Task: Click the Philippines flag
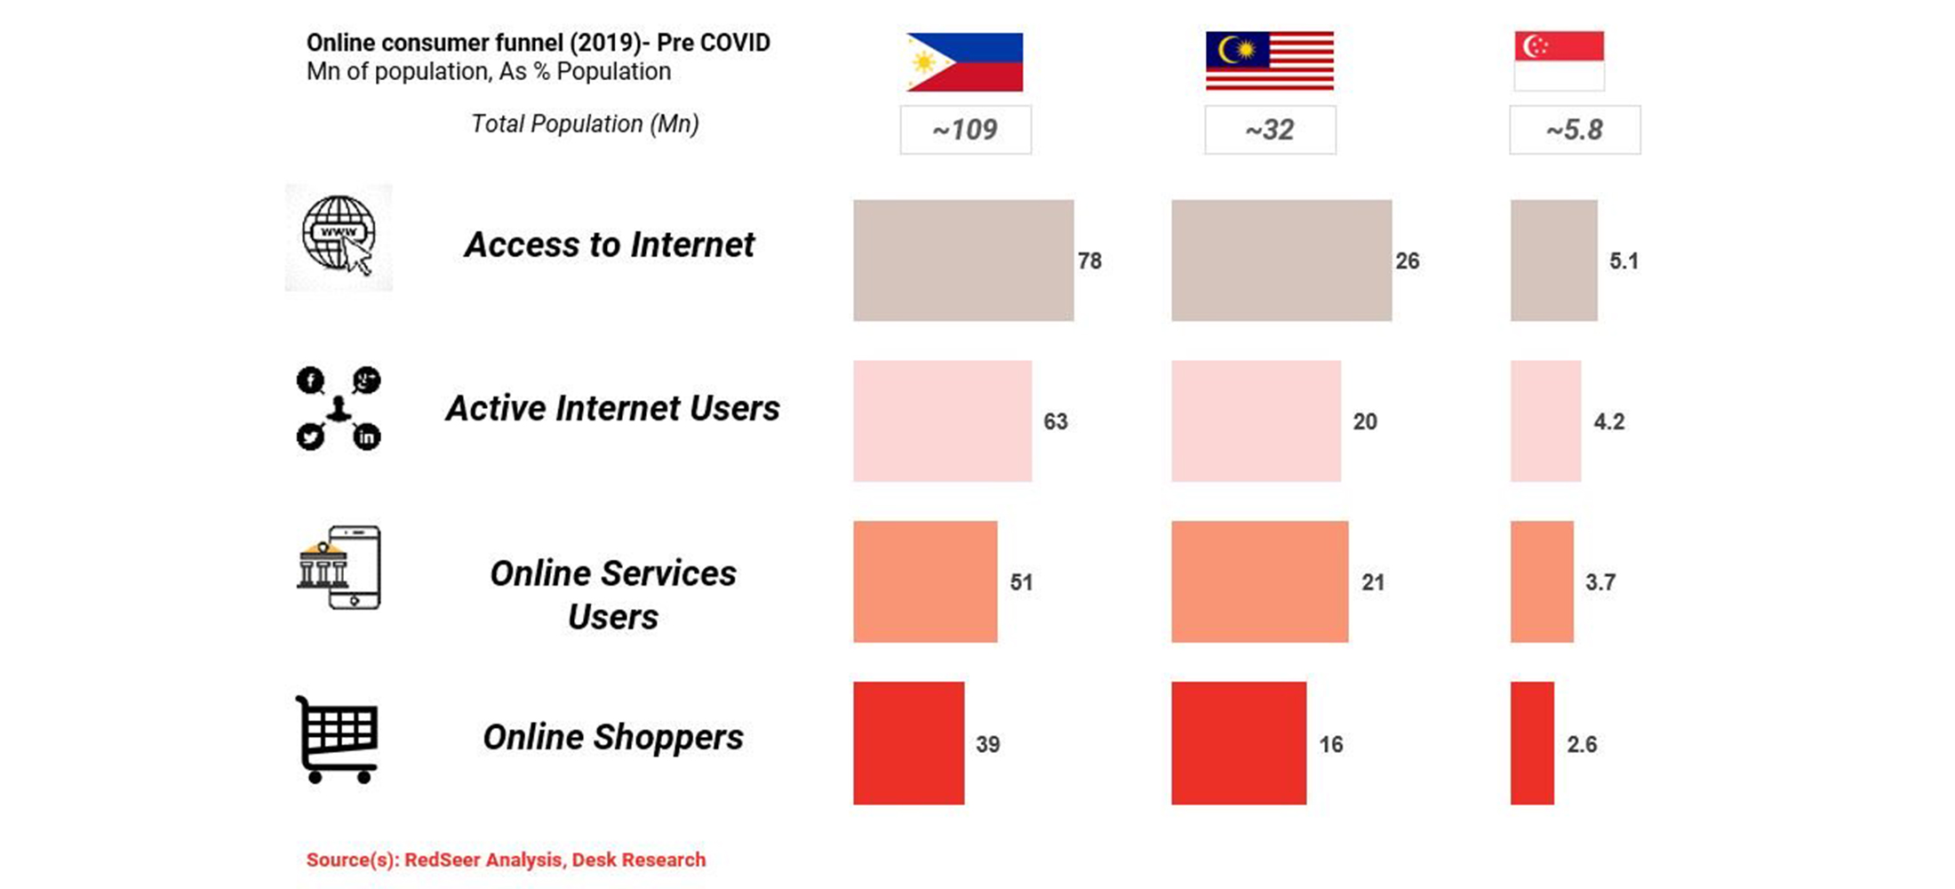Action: tap(964, 62)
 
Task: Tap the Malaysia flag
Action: tap(1270, 61)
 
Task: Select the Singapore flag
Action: tap(1560, 60)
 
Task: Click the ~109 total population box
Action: tap(966, 130)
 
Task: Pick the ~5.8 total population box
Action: tap(1575, 130)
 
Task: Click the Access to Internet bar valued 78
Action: tap(963, 260)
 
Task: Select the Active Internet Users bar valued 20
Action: tap(1256, 421)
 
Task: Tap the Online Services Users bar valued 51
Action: tap(925, 581)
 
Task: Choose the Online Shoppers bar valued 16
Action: tap(1239, 743)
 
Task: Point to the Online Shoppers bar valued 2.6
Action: tap(1532, 743)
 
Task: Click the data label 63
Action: tap(1056, 421)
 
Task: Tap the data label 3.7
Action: tap(1600, 582)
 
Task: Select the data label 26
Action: tap(1408, 260)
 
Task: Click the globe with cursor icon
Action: tap(339, 236)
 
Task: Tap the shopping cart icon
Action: tap(337, 740)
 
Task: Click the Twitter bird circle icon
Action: tap(310, 436)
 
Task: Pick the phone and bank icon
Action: tap(339, 567)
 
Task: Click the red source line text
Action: tap(506, 860)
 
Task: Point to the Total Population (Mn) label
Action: tap(585, 124)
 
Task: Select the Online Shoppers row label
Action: tap(613, 737)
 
